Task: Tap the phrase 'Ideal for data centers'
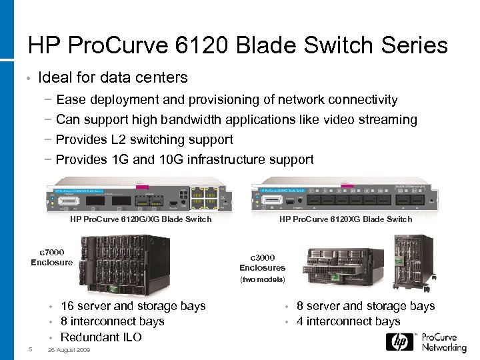pyautogui.click(x=113, y=78)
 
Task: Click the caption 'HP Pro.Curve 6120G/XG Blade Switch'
pyautogui.click(x=141, y=219)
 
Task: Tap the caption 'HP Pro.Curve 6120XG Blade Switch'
pyautogui.click(x=346, y=219)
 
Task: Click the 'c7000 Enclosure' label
pyautogui.click(x=52, y=257)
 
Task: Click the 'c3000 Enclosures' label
pyautogui.click(x=263, y=263)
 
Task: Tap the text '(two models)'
pyautogui.click(x=263, y=279)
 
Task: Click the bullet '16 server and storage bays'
pyautogui.click(x=133, y=306)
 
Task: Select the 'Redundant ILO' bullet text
pyautogui.click(x=101, y=337)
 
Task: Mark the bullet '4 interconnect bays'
pyautogui.click(x=348, y=322)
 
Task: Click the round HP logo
pyautogui.click(x=398, y=341)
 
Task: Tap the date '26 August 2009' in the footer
pyautogui.click(x=69, y=351)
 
